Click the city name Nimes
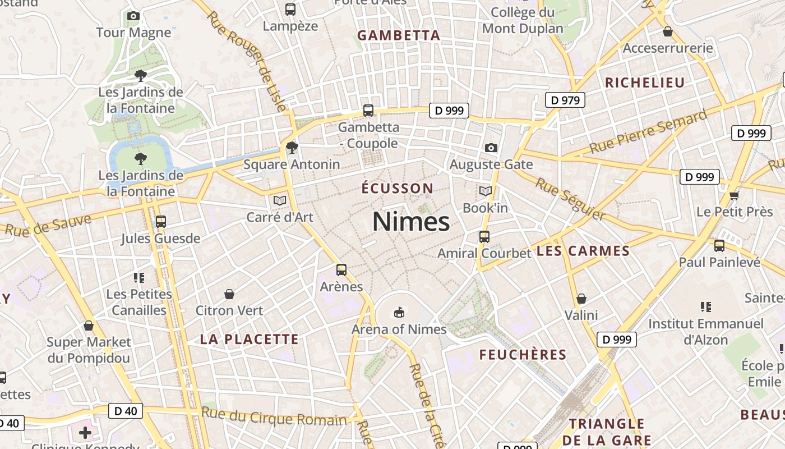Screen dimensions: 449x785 [411, 222]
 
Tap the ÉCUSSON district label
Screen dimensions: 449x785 [398, 188]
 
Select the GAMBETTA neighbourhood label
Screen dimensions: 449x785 [399, 35]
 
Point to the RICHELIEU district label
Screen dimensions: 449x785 [645, 83]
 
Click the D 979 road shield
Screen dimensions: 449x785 [565, 100]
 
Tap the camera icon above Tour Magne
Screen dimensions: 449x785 [133, 16]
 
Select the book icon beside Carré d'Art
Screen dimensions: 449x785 [280, 200]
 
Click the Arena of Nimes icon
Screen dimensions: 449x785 [399, 311]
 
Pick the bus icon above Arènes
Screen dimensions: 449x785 [341, 270]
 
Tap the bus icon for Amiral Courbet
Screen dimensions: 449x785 [484, 237]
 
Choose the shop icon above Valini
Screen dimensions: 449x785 [581, 299]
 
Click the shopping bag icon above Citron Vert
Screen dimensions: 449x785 [229, 294]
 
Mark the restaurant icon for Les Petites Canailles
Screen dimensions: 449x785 [139, 277]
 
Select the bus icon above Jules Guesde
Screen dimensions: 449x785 [161, 222]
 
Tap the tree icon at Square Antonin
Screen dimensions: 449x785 [292, 148]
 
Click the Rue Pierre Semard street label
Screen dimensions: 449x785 [648, 133]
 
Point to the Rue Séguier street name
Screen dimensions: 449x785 [570, 199]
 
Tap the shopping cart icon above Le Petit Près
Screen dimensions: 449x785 [734, 195]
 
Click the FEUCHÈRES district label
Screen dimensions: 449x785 [523, 355]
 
